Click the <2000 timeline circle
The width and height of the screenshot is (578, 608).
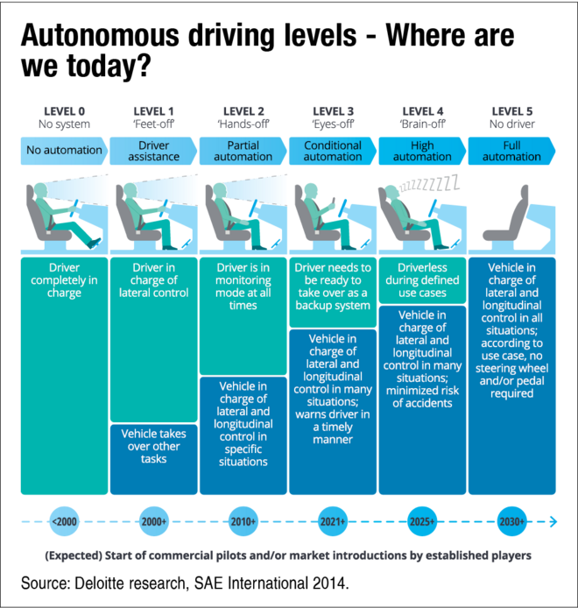(65, 522)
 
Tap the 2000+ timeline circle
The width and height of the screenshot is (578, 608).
(154, 522)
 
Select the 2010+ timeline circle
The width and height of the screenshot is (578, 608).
(243, 522)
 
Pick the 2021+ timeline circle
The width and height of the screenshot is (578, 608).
(333, 522)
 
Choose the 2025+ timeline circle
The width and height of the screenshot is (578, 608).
(422, 522)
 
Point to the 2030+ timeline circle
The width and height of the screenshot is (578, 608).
(511, 522)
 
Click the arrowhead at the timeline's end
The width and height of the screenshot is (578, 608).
(553, 522)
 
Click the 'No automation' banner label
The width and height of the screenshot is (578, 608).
(64, 151)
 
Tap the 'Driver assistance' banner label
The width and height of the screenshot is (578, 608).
(154, 151)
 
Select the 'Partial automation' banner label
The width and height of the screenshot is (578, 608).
(243, 151)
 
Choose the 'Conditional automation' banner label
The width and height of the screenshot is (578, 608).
(333, 151)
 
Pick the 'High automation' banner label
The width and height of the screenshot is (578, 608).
(422, 151)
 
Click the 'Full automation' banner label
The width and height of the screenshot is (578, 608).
(511, 151)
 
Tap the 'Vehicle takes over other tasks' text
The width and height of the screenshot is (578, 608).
(154, 446)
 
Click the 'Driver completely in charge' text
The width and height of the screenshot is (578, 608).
(64, 280)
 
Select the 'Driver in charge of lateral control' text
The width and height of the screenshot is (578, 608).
(154, 280)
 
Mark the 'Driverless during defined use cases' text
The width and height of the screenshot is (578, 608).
(422, 280)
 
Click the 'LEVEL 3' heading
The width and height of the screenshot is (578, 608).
(333, 111)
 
